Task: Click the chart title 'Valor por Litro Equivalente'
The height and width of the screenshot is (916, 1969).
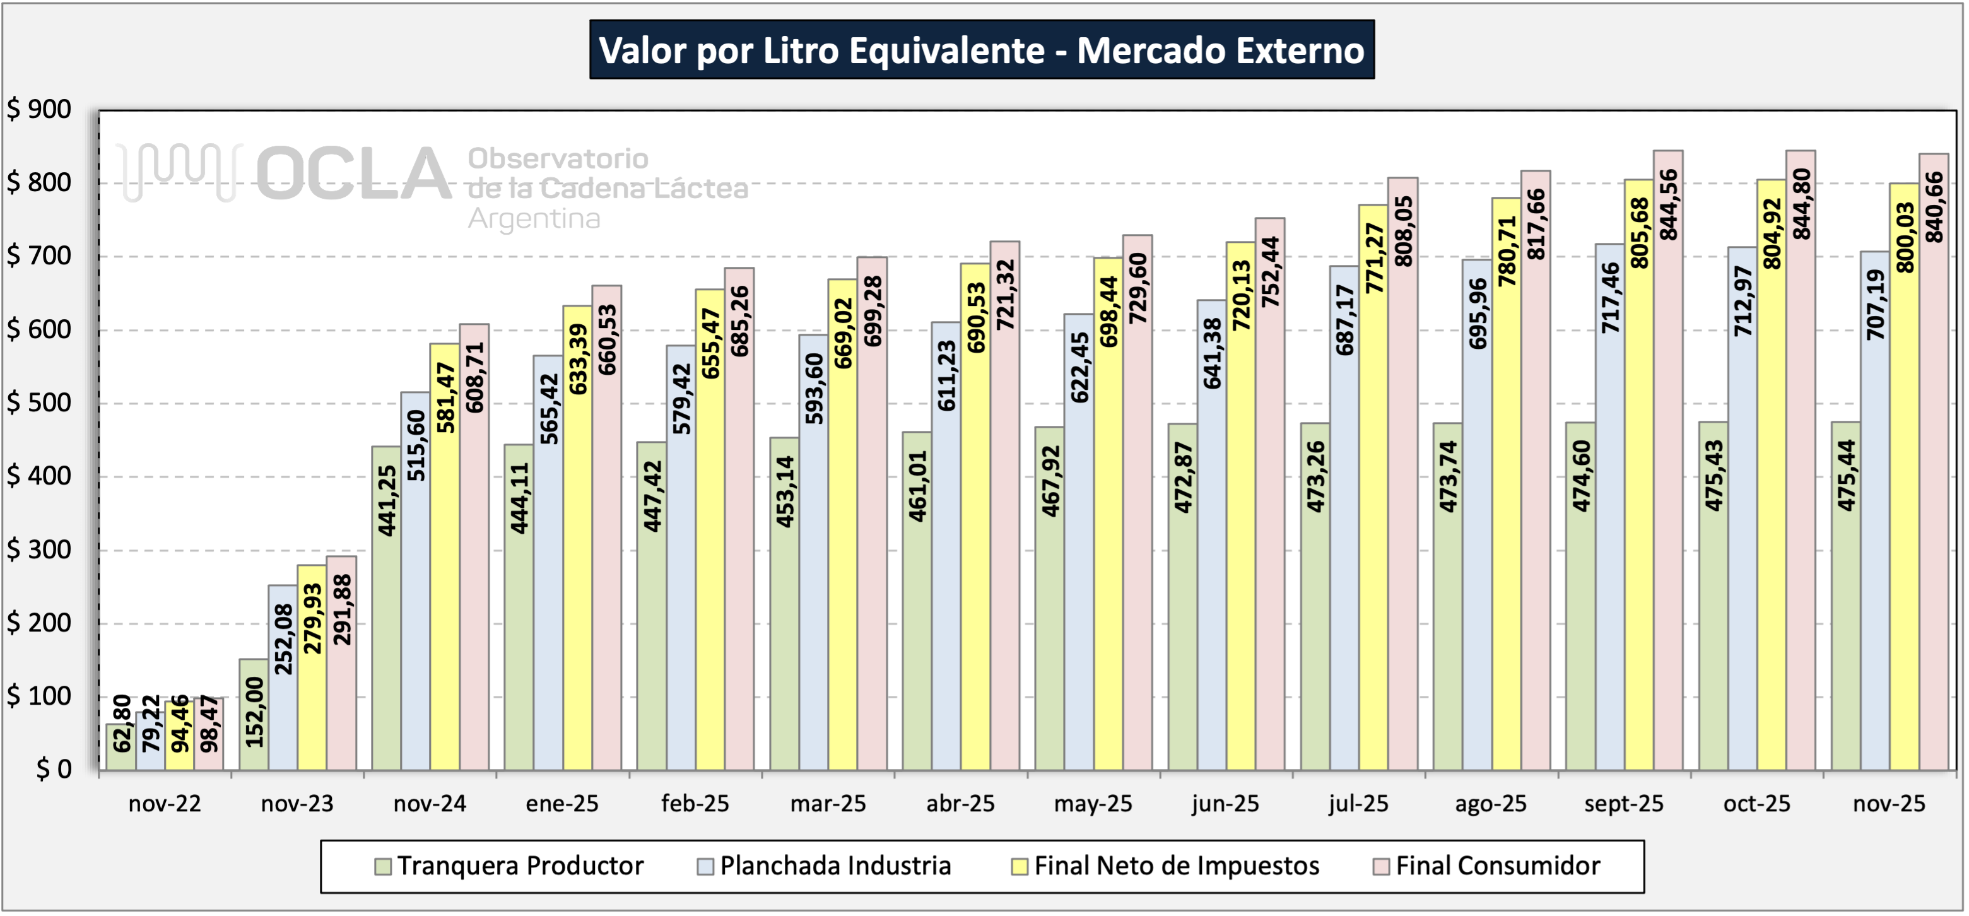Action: point(982,50)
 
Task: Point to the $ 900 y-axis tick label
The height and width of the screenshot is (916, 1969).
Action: point(39,109)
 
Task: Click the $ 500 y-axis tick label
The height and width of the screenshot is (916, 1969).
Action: point(39,403)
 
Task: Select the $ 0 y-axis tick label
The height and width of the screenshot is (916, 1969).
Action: point(54,769)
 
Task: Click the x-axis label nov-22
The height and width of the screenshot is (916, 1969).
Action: point(164,804)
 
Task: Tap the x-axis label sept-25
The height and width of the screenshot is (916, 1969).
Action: point(1623,804)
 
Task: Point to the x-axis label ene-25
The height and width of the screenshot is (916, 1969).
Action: point(562,804)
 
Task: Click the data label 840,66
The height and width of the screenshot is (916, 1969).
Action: point(1934,207)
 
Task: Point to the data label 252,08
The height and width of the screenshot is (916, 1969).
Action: point(283,639)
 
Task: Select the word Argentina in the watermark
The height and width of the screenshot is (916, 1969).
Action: point(534,219)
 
